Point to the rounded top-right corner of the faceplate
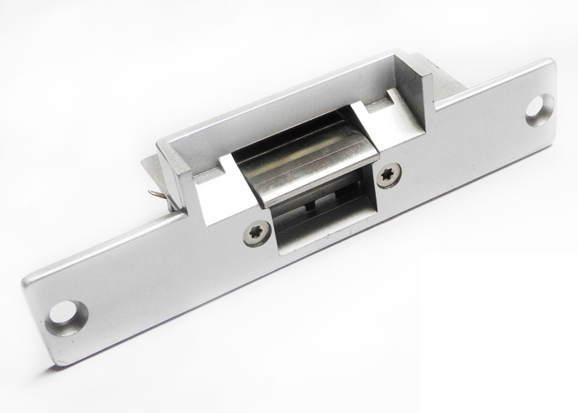(x=548, y=66)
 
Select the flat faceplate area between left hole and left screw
(x=157, y=273)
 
